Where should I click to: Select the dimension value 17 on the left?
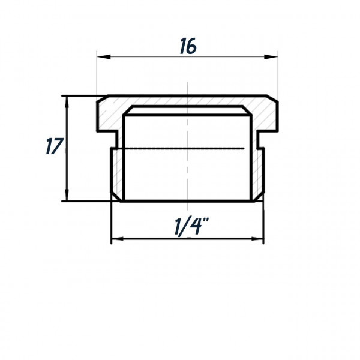point(53,146)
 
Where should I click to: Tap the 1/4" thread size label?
point(187,227)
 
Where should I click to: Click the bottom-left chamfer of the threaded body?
point(114,196)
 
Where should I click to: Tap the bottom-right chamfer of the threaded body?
point(260,196)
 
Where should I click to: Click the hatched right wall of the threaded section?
point(257,171)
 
